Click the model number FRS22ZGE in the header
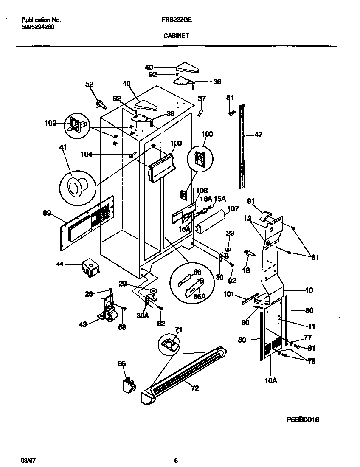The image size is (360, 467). point(177,20)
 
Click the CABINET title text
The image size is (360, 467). point(176,36)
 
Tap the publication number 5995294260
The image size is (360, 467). point(37,27)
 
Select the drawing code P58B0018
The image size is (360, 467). point(303,419)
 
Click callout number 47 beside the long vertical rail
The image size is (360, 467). point(258,135)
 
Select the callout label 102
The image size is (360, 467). point(50,124)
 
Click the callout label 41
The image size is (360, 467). point(63,148)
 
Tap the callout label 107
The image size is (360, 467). point(233,208)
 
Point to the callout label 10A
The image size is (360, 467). point(270,380)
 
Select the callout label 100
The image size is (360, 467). point(207,134)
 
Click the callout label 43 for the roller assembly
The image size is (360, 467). point(83,324)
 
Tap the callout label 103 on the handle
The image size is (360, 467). point(176,143)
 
